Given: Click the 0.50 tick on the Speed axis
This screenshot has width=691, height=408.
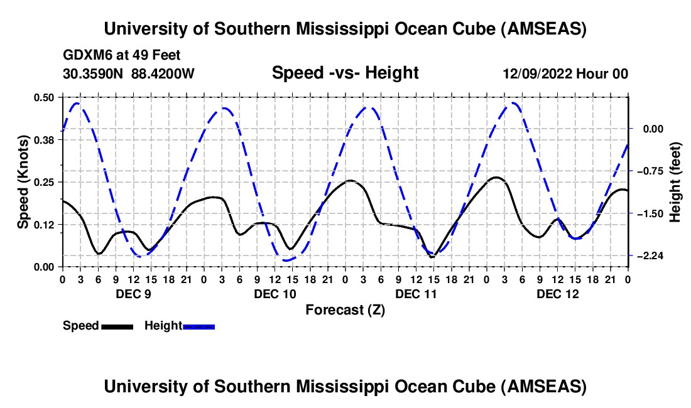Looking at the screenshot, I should [x=45, y=97].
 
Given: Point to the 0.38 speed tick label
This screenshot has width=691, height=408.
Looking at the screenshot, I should [x=45, y=140].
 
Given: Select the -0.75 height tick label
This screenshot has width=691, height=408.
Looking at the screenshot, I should [x=648, y=171].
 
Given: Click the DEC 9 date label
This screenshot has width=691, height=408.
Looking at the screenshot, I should [x=133, y=293].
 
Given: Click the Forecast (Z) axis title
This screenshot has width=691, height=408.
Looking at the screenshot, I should [x=345, y=309].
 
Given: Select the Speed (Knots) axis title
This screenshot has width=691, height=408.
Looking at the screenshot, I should [x=23, y=182].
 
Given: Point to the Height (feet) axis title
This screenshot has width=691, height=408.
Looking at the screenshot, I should [x=675, y=182].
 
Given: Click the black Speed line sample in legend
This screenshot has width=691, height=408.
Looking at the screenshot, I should [x=116, y=326].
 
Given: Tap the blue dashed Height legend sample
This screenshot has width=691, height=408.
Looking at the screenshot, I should [x=199, y=326].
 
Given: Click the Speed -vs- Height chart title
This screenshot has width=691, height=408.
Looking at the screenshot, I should [x=345, y=73].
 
